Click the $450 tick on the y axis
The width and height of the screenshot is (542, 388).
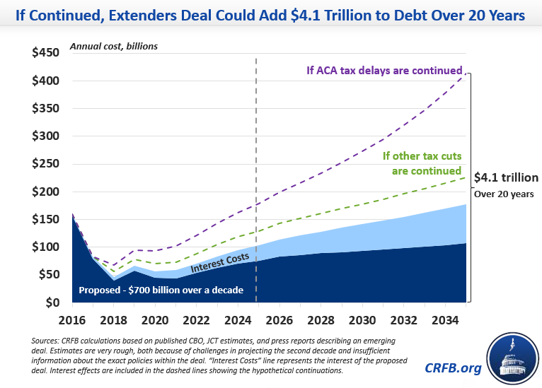point(47,53)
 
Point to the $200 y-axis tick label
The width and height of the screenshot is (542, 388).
point(47,192)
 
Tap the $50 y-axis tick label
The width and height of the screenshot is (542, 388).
point(50,275)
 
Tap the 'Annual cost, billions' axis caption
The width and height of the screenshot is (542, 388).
point(113,47)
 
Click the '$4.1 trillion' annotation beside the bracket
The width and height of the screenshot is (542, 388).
point(505,177)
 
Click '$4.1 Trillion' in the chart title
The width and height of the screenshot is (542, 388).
point(326,14)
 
